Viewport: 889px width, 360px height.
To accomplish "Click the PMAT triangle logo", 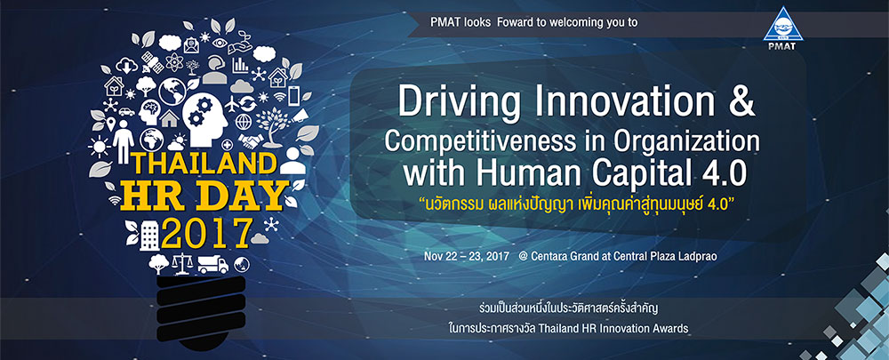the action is coord(783,28).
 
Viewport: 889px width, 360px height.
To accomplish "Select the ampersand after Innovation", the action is coord(740,101).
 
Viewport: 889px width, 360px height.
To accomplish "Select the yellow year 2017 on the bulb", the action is coord(206,232).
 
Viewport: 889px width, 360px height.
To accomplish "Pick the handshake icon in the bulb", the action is coord(248,140).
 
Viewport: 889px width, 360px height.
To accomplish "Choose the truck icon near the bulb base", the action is coord(212,264).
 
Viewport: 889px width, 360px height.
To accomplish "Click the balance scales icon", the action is coord(182,263).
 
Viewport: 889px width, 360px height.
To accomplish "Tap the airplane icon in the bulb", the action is coord(232,104).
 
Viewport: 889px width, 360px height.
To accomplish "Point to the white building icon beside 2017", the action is coord(148,235).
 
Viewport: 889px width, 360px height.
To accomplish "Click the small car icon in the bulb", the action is coord(126,111).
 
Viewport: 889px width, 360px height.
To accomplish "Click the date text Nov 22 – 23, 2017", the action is coord(467,256).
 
